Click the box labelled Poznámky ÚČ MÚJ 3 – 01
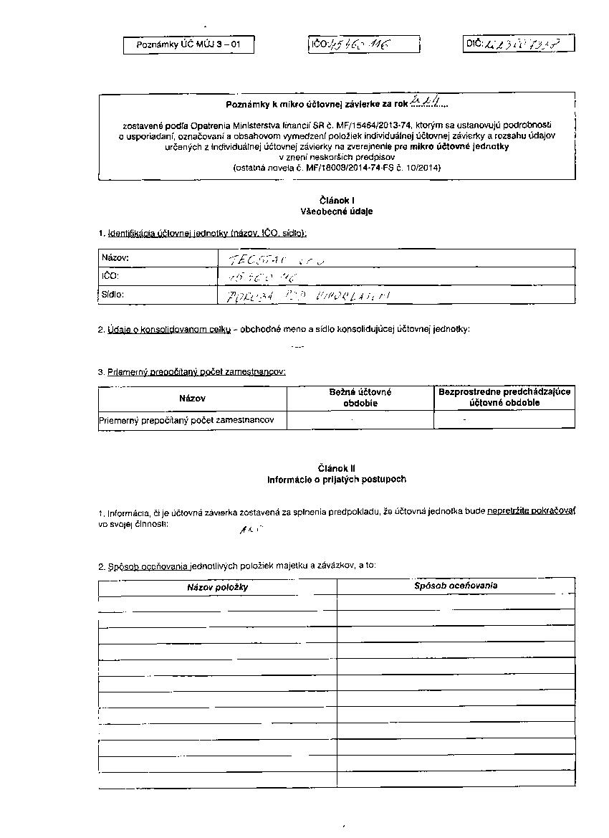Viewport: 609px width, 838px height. (x=188, y=45)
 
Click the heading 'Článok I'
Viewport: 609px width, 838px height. (x=337, y=201)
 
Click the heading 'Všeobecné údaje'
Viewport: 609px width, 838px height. (x=337, y=211)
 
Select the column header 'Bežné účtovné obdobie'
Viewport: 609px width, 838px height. (x=360, y=397)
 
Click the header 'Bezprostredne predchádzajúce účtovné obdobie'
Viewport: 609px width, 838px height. (x=504, y=397)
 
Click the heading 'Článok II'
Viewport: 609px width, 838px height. (x=337, y=468)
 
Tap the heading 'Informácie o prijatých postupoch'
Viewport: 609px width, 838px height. (x=337, y=479)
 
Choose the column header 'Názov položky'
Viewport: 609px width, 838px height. (x=217, y=587)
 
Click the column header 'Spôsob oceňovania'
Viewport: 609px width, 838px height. (x=456, y=586)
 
